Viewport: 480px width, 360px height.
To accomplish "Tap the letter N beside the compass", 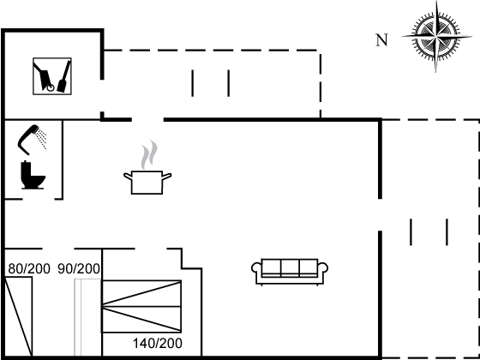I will [x=381, y=39].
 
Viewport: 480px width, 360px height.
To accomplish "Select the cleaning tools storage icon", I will [x=52, y=76].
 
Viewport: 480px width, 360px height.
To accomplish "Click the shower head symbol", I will [x=33, y=135].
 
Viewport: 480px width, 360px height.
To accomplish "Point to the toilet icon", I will [x=33, y=175].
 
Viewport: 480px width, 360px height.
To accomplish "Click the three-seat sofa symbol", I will [x=291, y=271].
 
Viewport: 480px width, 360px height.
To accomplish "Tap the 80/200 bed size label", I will [x=29, y=269].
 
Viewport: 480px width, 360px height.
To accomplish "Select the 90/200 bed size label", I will [x=80, y=269].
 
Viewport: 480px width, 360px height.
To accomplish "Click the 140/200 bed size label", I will [x=158, y=344].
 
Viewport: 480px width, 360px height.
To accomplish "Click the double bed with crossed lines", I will [x=142, y=305].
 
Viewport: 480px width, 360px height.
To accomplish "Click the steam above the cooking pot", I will [x=150, y=154].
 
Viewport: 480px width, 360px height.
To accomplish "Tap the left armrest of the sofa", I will [x=256, y=273].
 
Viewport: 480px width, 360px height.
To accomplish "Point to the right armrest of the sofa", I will [x=325, y=273].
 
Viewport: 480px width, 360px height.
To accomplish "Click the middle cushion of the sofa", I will [x=291, y=267].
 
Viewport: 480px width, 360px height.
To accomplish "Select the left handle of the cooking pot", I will [x=128, y=177].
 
